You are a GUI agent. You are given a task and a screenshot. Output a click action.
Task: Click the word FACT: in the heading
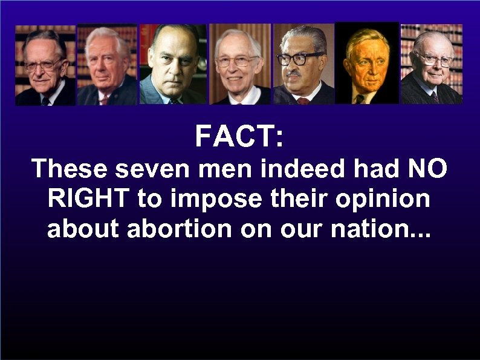click(239, 137)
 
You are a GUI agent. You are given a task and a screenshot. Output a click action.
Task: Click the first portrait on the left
click(45, 65)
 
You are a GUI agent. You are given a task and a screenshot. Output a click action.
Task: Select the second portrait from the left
click(107, 65)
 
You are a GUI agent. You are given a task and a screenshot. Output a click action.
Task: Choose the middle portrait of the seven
click(239, 64)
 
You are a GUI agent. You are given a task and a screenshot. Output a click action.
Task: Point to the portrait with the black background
click(367, 64)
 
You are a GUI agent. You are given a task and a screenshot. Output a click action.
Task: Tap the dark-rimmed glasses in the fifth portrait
click(299, 59)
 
